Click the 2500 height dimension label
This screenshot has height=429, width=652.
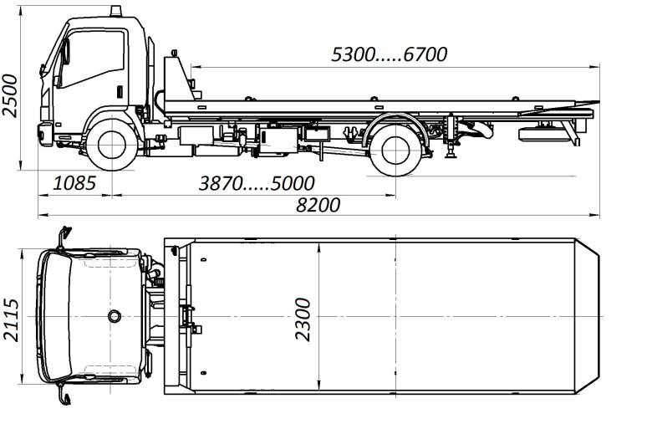click(10, 95)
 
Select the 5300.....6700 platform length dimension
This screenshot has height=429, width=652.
click(390, 54)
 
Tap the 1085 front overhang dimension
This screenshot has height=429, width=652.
click(75, 183)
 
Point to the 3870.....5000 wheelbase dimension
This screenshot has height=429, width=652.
click(257, 183)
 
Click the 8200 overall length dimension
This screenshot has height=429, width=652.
click(318, 205)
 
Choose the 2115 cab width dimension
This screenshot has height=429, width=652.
click(11, 320)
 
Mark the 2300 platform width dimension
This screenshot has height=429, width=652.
click(303, 319)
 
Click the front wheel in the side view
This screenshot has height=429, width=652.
click(112, 145)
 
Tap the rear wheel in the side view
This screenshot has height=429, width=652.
click(395, 150)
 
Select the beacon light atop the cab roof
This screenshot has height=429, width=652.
click(115, 11)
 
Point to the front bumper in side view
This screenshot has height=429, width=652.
click(45, 134)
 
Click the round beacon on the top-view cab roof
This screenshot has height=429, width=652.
click(115, 316)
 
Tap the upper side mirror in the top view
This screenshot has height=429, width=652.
click(64, 237)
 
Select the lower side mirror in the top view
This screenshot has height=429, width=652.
click(64, 395)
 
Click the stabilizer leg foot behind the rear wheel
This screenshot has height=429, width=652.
click(450, 156)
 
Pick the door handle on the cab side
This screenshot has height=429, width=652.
click(120, 91)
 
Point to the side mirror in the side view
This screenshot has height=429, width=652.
click(65, 52)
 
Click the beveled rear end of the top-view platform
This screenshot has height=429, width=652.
click(587, 316)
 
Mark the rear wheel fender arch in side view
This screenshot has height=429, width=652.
click(396, 116)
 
